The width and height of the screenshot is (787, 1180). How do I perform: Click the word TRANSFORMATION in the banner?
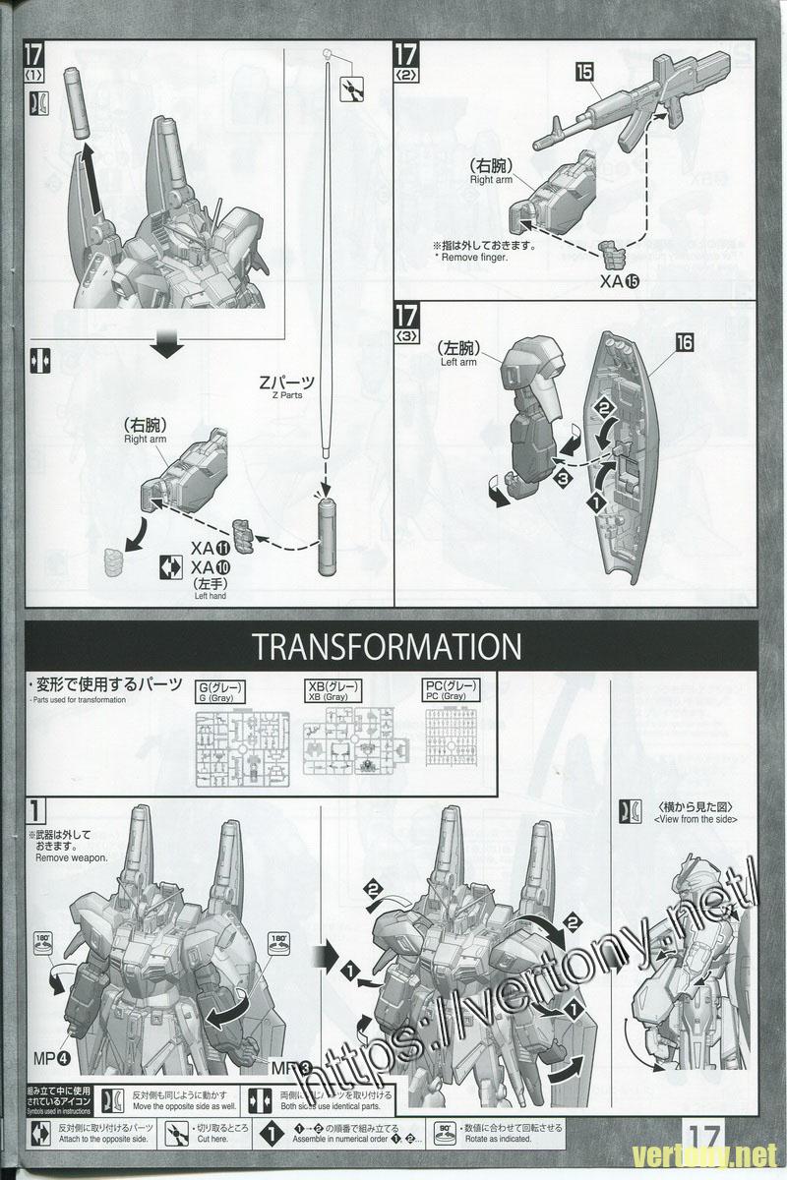pyautogui.click(x=385, y=646)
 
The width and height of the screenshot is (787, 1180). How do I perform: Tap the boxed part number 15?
pyautogui.click(x=584, y=71)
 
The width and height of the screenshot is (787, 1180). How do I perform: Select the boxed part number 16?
pyautogui.click(x=685, y=342)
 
